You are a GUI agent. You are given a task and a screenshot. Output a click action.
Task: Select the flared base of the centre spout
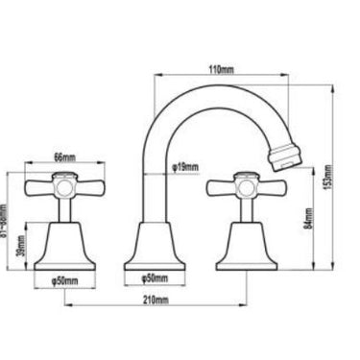point(154,248)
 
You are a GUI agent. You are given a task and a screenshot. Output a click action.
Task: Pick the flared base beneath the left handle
point(62,248)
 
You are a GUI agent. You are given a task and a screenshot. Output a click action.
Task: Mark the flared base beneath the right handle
point(244,248)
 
